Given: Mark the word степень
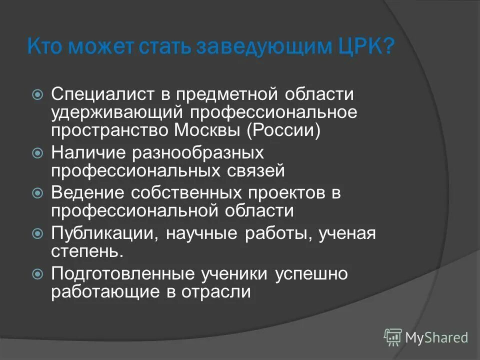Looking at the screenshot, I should coord(86,251).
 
